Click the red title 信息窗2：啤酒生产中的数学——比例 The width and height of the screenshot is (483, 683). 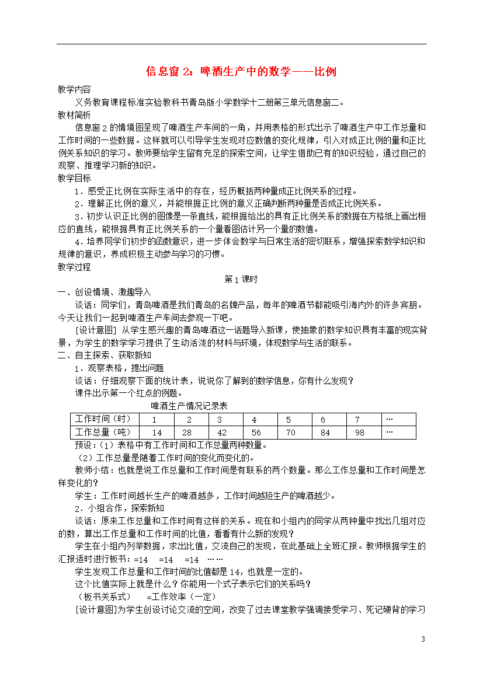241,72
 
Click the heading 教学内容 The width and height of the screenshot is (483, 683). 74,90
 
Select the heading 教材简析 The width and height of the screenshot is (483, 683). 74,114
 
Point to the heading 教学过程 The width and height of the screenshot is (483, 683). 74,267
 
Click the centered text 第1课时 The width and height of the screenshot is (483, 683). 241,280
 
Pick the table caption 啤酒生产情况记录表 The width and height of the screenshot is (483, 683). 189,406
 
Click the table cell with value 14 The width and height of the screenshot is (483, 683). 157,433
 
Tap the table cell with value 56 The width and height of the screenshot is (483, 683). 256,433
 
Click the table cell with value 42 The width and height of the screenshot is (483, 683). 223,433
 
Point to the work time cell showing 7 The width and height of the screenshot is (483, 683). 357,420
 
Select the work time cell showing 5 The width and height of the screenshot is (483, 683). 289,420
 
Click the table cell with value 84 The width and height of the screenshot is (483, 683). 325,433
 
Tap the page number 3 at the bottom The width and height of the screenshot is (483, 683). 423,639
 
